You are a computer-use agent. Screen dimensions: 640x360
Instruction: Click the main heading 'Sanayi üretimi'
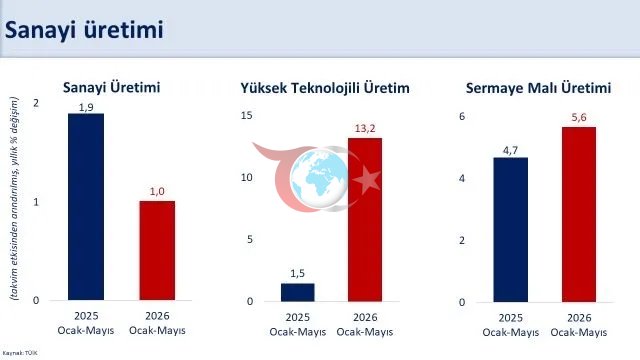pyautogui.click(x=84, y=30)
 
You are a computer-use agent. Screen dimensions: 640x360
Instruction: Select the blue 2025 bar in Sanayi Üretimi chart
pyautogui.click(x=86, y=207)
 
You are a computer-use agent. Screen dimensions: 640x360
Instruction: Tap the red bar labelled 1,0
pyautogui.click(x=157, y=251)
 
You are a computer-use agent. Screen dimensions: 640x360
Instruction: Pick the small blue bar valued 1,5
pyautogui.click(x=298, y=292)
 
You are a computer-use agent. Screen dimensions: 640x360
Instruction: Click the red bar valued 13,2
pyautogui.click(x=365, y=220)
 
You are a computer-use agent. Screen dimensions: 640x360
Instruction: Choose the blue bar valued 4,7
pyautogui.click(x=511, y=230)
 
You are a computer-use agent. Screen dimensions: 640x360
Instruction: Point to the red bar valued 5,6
pyautogui.click(x=579, y=215)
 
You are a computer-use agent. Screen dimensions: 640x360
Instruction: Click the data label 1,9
pyautogui.click(x=86, y=107)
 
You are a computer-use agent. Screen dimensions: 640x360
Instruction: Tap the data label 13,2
pyautogui.click(x=365, y=129)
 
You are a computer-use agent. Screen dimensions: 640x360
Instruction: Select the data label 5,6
pyautogui.click(x=579, y=118)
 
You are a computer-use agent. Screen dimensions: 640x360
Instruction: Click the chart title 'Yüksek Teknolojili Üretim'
pyautogui.click(x=325, y=88)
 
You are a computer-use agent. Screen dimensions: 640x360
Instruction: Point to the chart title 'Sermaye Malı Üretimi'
pyautogui.click(x=538, y=88)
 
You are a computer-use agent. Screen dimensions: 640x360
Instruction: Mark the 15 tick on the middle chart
pyautogui.click(x=247, y=116)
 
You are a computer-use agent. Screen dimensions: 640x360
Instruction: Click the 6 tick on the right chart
pyautogui.click(x=462, y=116)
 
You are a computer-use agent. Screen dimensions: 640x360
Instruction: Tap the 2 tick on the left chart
pyautogui.click(x=36, y=103)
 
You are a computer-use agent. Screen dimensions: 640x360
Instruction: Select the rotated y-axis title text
pyautogui.click(x=14, y=199)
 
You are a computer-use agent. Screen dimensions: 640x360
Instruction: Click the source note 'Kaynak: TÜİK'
pyautogui.click(x=20, y=353)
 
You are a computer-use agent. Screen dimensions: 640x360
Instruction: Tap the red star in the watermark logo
pyautogui.click(x=367, y=180)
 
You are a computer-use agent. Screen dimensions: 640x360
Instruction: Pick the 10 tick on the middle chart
pyautogui.click(x=247, y=178)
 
